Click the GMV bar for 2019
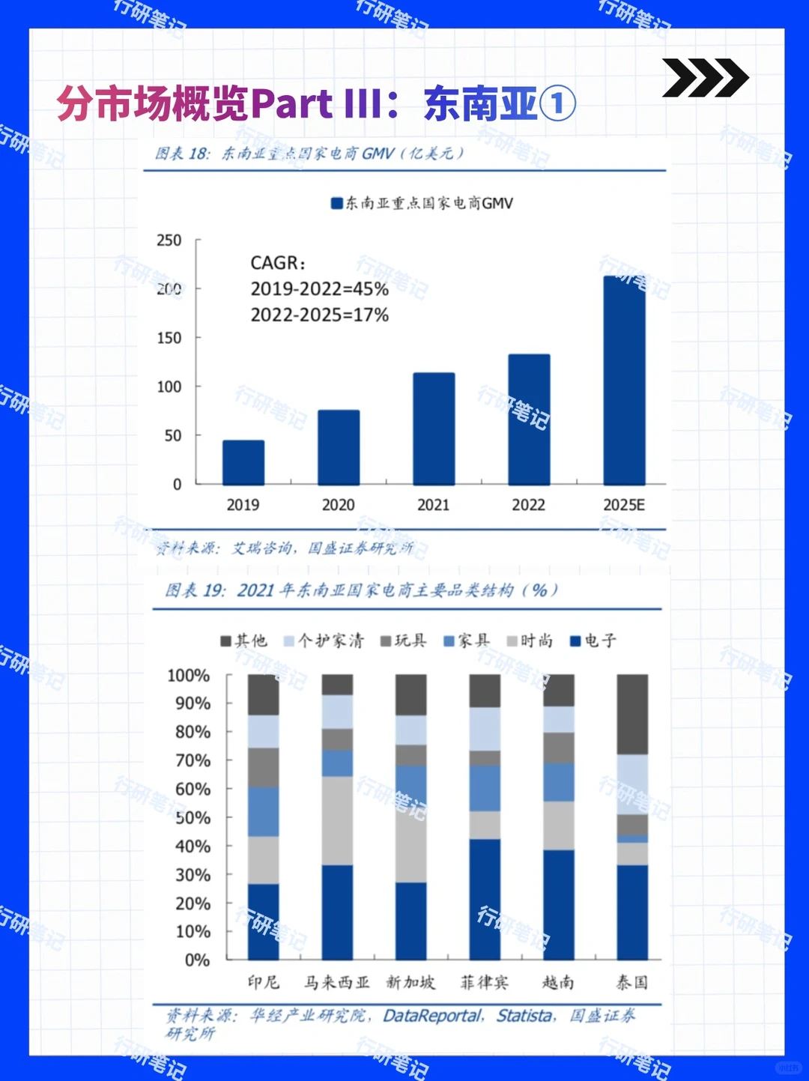(x=243, y=462)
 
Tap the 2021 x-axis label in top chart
(x=433, y=505)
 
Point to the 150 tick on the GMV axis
(x=169, y=338)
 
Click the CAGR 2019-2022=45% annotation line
(x=319, y=289)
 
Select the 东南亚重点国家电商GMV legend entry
(x=422, y=203)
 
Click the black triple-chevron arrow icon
(x=704, y=78)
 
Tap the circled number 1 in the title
(x=557, y=104)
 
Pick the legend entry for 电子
(x=593, y=641)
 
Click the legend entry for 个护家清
(x=324, y=641)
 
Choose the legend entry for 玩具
(x=404, y=641)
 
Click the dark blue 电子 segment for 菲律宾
(x=485, y=899)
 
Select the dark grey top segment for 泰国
(x=632, y=714)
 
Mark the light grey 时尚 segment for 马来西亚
(x=337, y=820)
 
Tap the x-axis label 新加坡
(x=410, y=982)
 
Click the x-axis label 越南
(x=558, y=982)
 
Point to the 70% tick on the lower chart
(x=193, y=760)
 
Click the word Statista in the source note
(x=525, y=1016)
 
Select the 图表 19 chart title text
(x=361, y=590)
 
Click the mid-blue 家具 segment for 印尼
(x=263, y=811)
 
